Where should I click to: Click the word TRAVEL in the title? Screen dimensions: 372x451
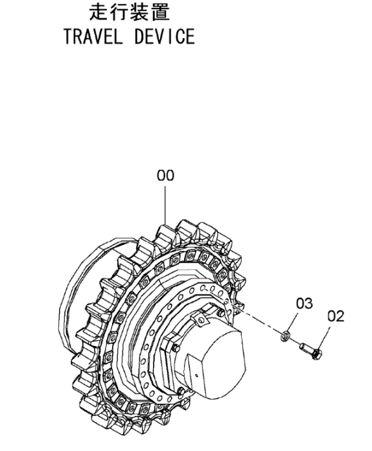pos(93,36)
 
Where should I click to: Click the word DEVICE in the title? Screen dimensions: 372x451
pos(165,36)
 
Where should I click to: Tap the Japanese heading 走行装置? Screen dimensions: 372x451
pos(129,12)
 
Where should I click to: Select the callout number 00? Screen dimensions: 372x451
pos(165,176)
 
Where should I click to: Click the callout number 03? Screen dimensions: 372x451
pos(305,303)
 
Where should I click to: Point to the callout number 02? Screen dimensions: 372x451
pos(336,316)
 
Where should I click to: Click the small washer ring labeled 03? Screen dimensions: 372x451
pos(285,336)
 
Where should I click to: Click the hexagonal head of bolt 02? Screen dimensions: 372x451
pos(317,354)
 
